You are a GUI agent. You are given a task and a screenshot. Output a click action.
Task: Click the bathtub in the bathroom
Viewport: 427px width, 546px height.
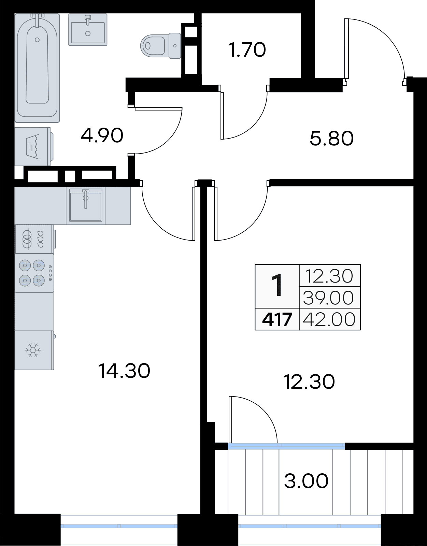tap(37, 68)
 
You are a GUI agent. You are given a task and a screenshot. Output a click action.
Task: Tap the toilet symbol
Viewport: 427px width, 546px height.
tap(161, 46)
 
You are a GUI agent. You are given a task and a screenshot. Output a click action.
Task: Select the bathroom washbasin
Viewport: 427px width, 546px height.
tap(88, 30)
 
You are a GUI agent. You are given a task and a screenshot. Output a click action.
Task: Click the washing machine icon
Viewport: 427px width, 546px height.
tap(34, 146)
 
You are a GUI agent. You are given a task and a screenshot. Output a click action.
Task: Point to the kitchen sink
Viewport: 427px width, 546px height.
tap(85, 205)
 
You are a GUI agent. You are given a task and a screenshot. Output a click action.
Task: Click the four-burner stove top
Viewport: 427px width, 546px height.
tap(34, 273)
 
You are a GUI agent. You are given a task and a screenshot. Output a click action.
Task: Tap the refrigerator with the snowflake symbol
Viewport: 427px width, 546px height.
tap(34, 350)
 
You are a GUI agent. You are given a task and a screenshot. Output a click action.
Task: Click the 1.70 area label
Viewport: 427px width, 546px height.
tap(247, 50)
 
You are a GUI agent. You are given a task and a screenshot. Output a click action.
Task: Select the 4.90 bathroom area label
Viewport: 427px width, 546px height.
tap(102, 135)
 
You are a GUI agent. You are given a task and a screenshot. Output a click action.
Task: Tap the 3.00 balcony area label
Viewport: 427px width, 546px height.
tap(306, 481)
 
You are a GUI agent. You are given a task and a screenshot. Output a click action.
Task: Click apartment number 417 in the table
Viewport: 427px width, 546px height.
tap(277, 320)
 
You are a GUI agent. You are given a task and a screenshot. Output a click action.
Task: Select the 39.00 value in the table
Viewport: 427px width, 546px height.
tap(328, 298)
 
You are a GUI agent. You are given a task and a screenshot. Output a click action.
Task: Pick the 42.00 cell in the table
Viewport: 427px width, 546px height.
tap(329, 319)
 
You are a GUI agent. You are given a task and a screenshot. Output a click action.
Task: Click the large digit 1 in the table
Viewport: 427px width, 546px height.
tap(277, 286)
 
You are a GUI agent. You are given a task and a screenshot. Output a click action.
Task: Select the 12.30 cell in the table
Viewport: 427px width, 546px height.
tap(329, 276)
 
